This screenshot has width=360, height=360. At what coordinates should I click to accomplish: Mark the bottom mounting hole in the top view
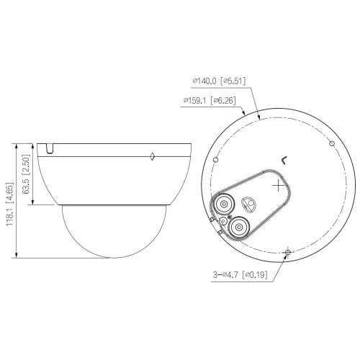pos(287,252)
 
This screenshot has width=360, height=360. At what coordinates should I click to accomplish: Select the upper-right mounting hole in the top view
pos(331,144)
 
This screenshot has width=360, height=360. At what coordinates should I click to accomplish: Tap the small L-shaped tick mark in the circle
pos(284,160)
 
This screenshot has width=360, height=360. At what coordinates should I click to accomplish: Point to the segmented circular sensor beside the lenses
pos(250,204)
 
